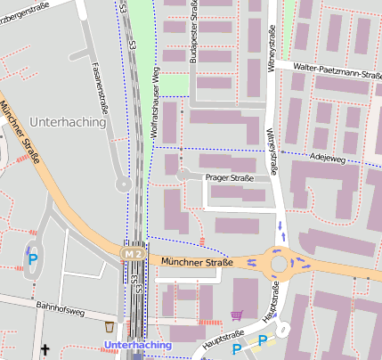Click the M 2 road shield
click(133, 255)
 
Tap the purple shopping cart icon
click(237, 315)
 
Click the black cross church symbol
click(45, 350)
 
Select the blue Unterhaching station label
click(138, 345)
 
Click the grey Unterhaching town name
click(67, 120)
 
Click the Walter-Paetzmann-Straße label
click(328, 71)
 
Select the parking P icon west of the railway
click(33, 260)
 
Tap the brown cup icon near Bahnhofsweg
click(109, 327)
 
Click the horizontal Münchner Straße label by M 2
click(197, 262)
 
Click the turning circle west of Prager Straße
click(182, 176)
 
